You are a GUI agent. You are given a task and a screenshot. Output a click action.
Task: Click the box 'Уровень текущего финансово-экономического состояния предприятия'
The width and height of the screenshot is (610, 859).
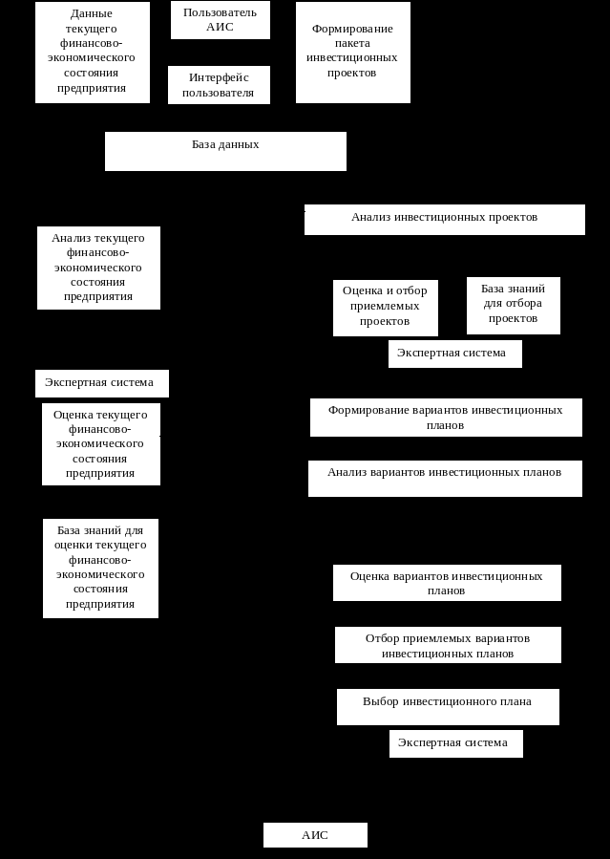[x=93, y=53]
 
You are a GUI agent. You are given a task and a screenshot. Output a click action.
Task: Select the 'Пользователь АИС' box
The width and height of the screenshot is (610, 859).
[x=221, y=20]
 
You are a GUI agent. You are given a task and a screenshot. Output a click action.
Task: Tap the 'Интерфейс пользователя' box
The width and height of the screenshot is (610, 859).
[x=219, y=85]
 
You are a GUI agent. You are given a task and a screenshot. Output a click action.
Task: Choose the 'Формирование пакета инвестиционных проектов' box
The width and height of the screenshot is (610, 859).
[x=353, y=53]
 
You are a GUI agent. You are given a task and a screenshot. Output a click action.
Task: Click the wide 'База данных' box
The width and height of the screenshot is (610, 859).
[x=225, y=151]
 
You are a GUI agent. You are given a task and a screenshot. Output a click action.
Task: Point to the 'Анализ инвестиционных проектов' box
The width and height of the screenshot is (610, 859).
[x=445, y=219]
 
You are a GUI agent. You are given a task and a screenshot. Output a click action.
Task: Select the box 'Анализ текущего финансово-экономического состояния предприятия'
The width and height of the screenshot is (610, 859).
[x=98, y=268]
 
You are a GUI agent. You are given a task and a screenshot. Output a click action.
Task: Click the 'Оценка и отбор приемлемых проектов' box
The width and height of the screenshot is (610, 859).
[x=386, y=308]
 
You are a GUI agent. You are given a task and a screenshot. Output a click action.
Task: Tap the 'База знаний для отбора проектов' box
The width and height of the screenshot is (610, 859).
[x=514, y=306]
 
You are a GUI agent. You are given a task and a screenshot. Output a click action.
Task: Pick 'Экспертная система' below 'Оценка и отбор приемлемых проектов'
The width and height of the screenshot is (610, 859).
[x=455, y=354]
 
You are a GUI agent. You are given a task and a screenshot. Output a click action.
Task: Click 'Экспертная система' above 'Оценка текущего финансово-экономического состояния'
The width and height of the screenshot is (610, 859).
[x=102, y=383]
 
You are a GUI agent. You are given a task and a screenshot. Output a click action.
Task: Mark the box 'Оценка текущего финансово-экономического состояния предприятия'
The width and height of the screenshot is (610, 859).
[x=101, y=444]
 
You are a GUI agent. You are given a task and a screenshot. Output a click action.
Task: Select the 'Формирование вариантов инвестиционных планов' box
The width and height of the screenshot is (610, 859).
[x=446, y=418]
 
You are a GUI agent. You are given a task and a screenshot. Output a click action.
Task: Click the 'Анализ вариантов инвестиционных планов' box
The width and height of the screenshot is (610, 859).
[x=445, y=478]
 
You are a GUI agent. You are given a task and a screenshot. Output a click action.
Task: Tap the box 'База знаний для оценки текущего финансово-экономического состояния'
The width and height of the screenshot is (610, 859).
[x=100, y=569]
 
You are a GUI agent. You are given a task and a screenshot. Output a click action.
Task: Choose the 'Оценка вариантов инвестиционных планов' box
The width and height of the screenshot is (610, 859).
[x=447, y=583]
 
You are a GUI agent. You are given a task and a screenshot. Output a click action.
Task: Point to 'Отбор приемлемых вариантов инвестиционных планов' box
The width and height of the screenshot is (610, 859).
[x=448, y=645]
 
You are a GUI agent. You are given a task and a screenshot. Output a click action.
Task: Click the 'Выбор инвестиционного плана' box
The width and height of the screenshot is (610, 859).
[x=448, y=707]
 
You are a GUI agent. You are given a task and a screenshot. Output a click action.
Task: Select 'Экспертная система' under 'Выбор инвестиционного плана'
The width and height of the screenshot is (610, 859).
[x=455, y=743]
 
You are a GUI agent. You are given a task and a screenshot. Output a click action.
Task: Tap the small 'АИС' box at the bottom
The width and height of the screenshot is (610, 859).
[x=315, y=835]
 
